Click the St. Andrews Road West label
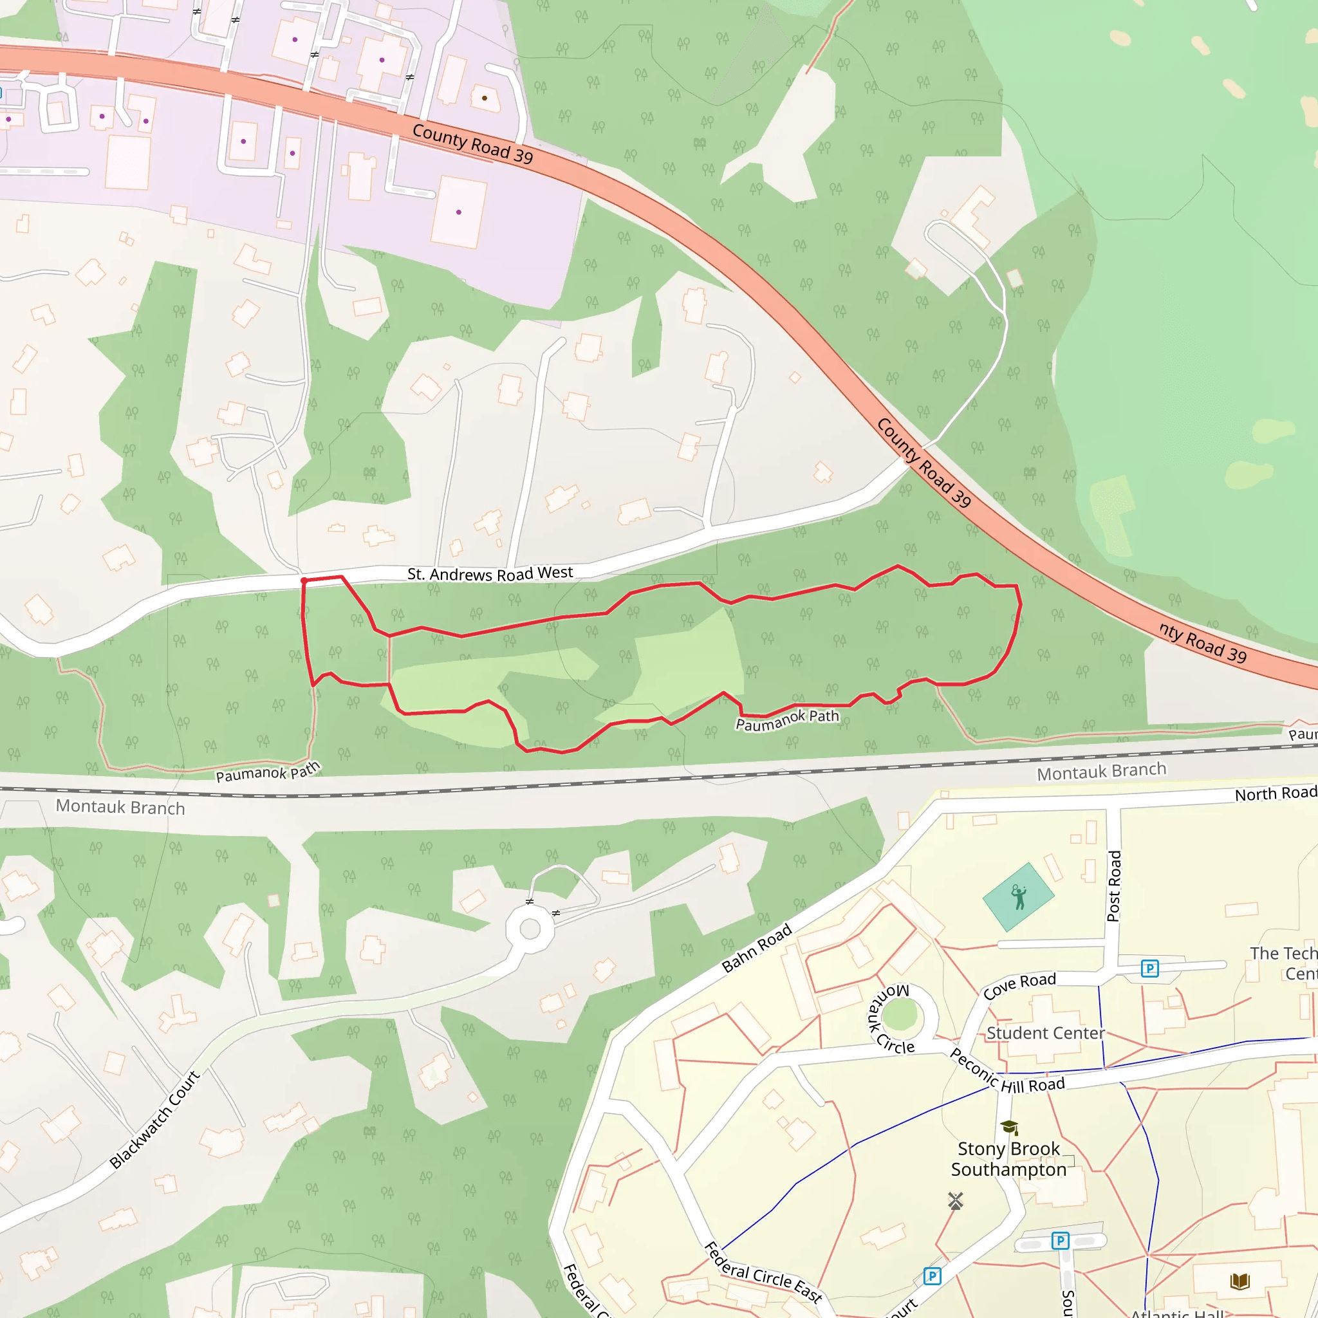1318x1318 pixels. [x=490, y=573]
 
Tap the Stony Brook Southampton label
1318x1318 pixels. [x=1008, y=1159]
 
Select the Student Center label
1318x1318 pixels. [x=1045, y=1033]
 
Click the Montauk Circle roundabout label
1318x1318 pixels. [x=890, y=1019]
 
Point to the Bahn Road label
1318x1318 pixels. [x=757, y=947]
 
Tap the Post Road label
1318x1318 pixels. [x=1113, y=886]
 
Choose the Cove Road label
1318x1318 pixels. [x=1019, y=985]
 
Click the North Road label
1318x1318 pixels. [x=1275, y=794]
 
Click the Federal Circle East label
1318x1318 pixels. [x=762, y=1272]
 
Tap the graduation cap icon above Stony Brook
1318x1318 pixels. [x=1009, y=1126]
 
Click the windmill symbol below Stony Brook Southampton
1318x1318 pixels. [x=956, y=1202]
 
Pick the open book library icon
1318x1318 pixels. [x=1239, y=1281]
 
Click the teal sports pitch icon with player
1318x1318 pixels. [x=1019, y=897]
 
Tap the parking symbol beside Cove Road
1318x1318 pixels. [x=1149, y=968]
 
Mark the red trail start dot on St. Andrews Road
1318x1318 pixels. [x=304, y=580]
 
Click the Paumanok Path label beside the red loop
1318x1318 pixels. [x=786, y=719]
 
